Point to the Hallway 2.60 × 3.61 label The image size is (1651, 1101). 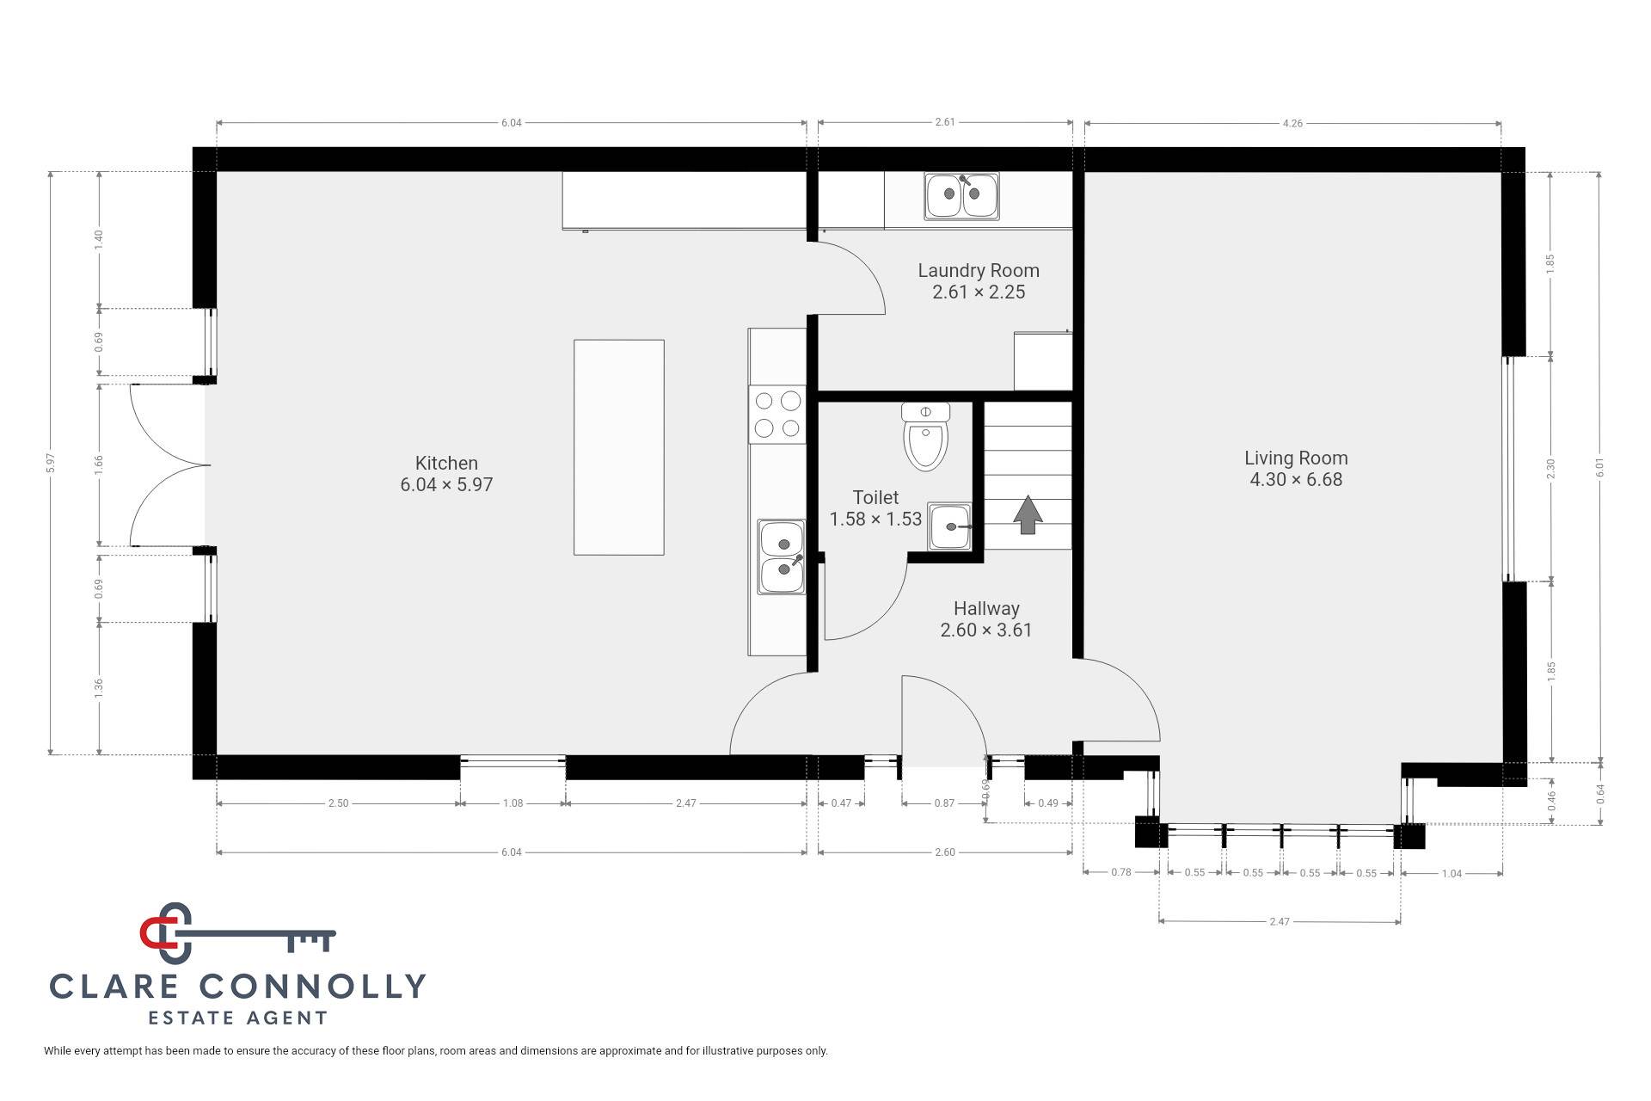[986, 619]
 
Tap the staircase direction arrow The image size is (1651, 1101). [1028, 514]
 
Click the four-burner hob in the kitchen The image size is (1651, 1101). [777, 414]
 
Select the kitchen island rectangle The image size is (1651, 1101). [619, 447]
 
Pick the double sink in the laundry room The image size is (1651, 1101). [962, 195]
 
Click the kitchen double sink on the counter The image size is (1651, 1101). [781, 557]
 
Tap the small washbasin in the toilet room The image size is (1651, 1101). [950, 526]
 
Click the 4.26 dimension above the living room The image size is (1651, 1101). [1292, 123]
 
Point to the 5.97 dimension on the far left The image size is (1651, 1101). [52, 463]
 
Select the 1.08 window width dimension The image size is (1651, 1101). [512, 803]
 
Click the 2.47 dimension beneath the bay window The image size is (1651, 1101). [1280, 921]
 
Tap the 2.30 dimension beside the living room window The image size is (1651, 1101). [1551, 469]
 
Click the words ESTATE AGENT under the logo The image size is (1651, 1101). [238, 1018]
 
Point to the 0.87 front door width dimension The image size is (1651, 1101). [944, 803]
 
